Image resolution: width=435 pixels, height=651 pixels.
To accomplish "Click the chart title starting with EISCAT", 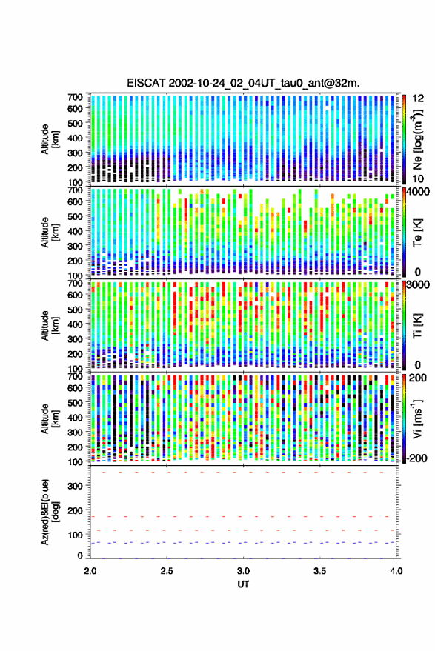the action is (243, 83).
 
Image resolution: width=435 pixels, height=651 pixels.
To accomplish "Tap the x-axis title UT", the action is (244, 584).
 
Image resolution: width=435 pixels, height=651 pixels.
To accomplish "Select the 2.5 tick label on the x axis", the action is (167, 571).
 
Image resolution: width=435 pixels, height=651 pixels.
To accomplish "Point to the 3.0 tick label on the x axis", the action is (244, 571).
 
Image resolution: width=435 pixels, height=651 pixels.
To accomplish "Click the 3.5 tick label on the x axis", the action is (320, 571).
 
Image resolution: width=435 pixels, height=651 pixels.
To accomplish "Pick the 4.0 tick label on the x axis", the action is (396, 571).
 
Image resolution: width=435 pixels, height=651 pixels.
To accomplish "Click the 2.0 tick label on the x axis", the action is (90, 571).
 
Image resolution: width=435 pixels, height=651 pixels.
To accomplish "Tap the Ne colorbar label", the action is (417, 139).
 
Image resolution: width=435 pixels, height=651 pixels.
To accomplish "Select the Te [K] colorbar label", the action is (417, 233).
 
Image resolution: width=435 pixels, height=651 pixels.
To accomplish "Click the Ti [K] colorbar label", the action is (417, 326).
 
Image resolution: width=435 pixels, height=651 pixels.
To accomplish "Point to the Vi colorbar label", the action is (417, 418).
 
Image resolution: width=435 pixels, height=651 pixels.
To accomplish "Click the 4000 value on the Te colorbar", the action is (418, 193).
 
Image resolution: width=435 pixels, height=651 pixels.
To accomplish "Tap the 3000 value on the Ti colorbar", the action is (418, 285).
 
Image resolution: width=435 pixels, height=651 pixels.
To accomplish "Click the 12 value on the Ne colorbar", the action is (418, 99).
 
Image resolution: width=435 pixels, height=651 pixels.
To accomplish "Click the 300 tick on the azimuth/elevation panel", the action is (75, 486).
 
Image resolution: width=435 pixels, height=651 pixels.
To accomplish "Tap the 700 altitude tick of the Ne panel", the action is (75, 97).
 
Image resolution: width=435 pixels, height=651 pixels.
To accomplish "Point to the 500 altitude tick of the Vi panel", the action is (75, 402).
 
